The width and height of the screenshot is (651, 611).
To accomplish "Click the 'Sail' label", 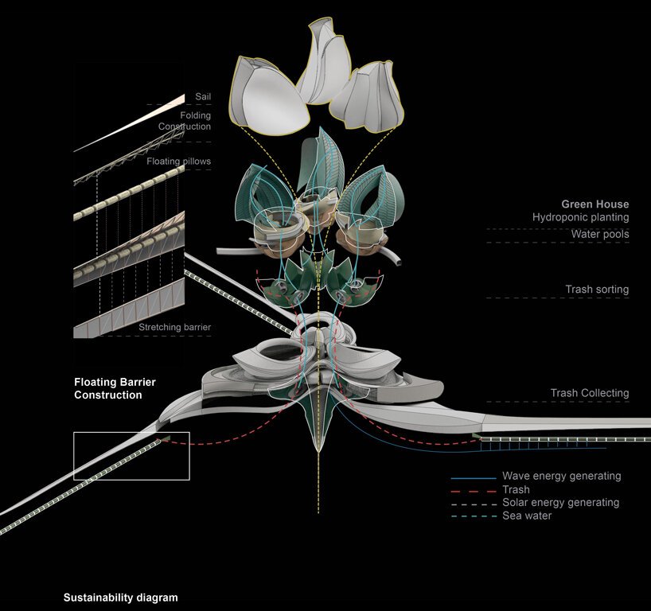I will click(x=202, y=97).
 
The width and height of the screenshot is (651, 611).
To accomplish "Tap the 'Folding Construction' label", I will click(x=184, y=121).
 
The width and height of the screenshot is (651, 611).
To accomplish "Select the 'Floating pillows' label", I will click(x=179, y=162).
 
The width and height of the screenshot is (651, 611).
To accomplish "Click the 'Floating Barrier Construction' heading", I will click(x=115, y=388).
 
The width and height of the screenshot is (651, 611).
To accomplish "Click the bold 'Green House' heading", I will click(x=594, y=204).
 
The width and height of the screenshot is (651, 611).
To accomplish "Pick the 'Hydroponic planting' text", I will click(x=581, y=217).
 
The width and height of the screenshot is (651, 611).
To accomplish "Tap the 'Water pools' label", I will click(x=599, y=234).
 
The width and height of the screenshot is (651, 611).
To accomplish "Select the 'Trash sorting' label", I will click(x=597, y=290).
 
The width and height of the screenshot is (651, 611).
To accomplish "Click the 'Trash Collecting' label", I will click(x=589, y=393).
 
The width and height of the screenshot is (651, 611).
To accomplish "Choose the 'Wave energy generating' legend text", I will click(x=561, y=476).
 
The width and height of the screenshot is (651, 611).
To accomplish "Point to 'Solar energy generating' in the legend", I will click(x=560, y=503).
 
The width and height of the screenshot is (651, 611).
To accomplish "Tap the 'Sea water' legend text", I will click(x=526, y=516).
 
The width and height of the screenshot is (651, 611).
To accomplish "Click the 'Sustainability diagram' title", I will click(x=120, y=597).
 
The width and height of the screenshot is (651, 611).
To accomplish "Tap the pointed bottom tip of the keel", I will click(x=318, y=453).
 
